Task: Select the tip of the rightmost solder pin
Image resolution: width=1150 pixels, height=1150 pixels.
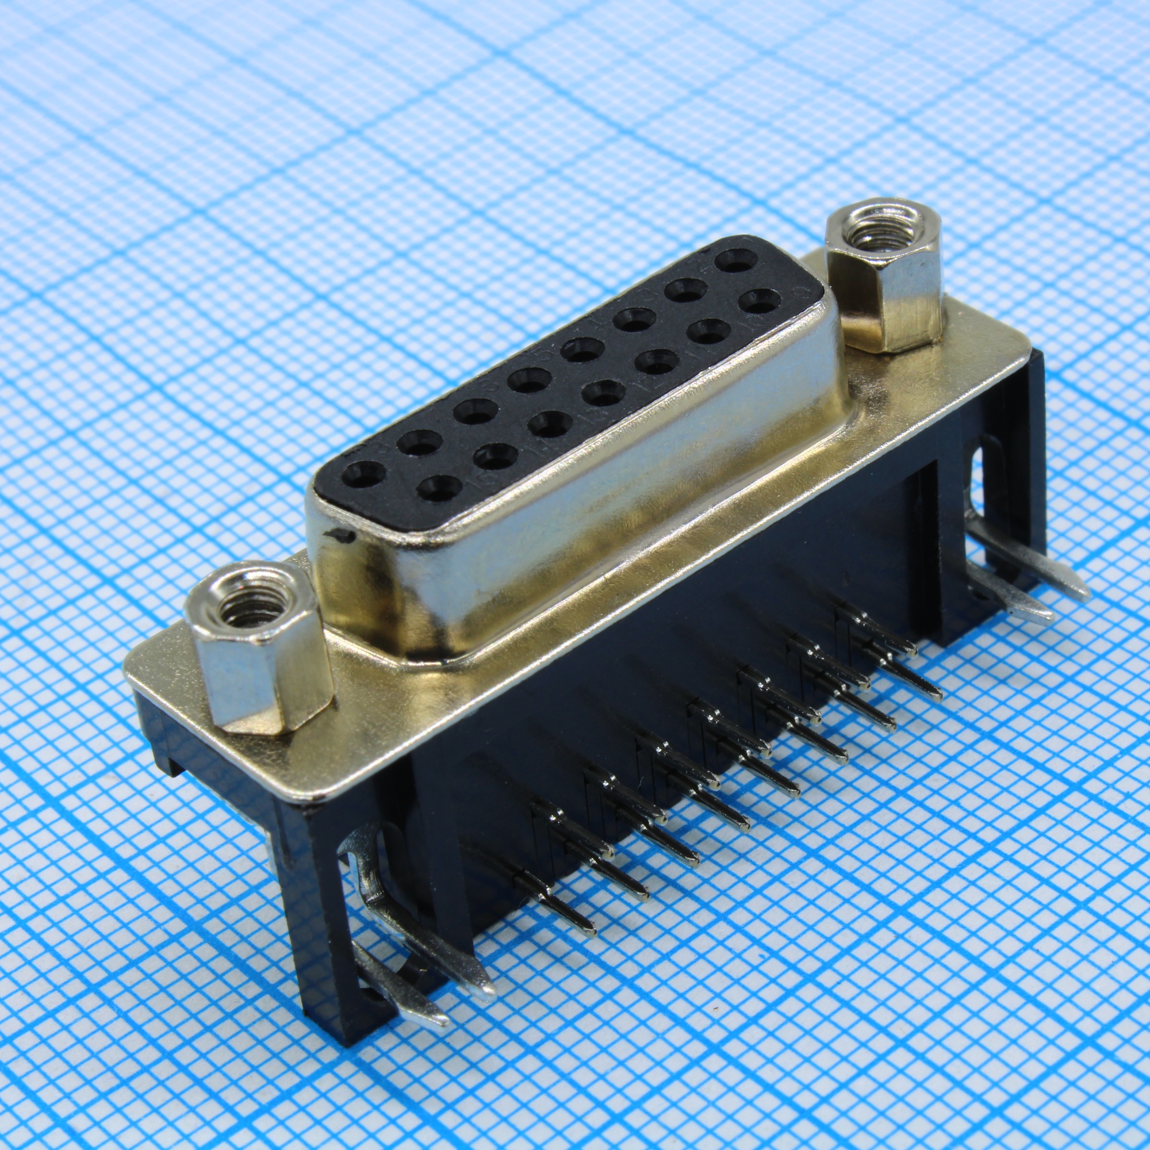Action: (x=937, y=696)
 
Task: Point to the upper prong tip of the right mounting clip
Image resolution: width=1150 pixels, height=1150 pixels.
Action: (x=1084, y=576)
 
